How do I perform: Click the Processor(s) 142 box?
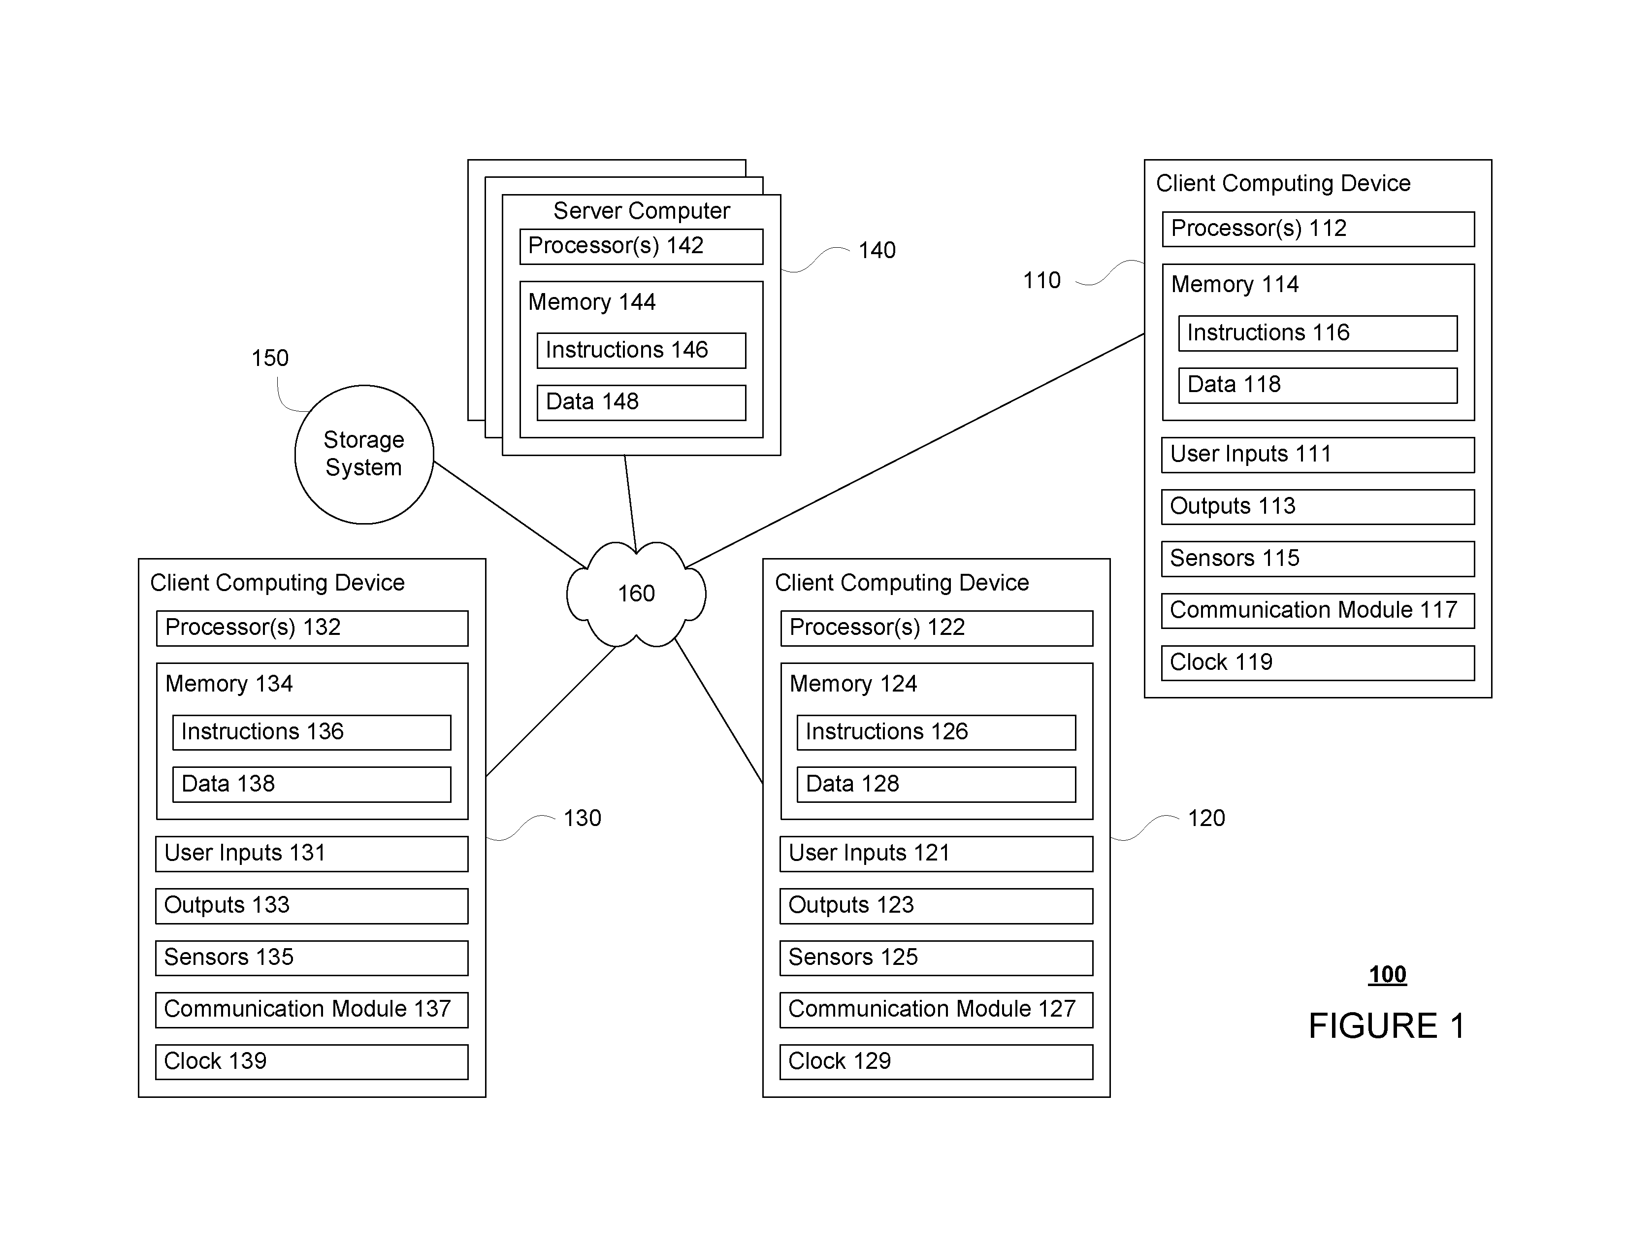641,246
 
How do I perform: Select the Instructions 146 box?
641,351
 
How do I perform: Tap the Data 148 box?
641,402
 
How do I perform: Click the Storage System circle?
364,454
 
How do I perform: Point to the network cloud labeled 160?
636,594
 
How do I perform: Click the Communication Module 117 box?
1318,610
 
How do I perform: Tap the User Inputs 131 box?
312,854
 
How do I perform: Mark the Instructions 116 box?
1318,333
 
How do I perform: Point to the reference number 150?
269,358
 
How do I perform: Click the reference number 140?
877,250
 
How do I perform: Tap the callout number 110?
1041,281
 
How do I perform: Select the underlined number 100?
1388,975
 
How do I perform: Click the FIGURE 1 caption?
1387,1026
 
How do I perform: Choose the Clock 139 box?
312,1062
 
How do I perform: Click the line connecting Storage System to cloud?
510,514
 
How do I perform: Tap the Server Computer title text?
641,211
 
